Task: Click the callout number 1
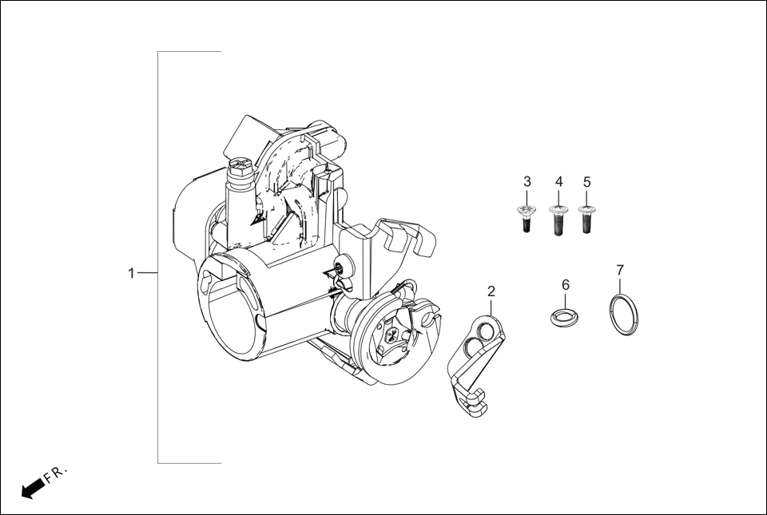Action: [x=132, y=273]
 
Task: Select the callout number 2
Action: [x=491, y=291]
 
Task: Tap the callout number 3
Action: [x=527, y=182]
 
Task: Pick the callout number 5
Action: [x=587, y=182]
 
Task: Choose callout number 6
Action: [x=566, y=285]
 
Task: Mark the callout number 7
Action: [x=620, y=270]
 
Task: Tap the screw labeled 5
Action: [x=587, y=219]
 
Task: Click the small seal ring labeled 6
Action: [x=566, y=315]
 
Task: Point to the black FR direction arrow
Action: [x=32, y=488]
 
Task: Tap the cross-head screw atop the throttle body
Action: [x=240, y=167]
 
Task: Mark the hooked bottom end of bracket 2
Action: [x=476, y=407]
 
